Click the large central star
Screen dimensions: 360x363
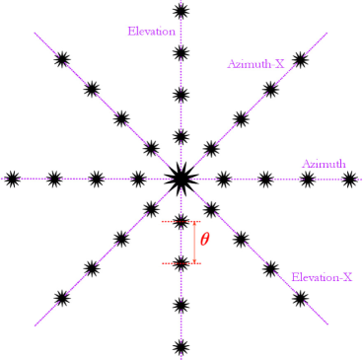pos(180,179)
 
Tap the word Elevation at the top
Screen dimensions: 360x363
pos(151,32)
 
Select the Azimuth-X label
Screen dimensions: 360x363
pos(254,64)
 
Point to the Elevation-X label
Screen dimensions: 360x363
pos(322,278)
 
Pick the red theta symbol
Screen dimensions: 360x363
pos(204,239)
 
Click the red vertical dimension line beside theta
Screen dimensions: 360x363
pos(194,243)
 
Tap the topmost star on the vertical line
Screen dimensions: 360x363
pos(180,11)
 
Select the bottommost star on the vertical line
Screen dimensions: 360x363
pos(180,346)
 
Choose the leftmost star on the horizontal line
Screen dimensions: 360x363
pos(12,179)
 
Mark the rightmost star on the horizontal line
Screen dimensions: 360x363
pos(349,179)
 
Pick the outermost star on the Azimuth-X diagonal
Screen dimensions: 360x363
pos(298,60)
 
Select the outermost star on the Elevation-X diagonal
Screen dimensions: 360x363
pos(298,297)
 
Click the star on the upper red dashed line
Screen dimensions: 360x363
pos(180,222)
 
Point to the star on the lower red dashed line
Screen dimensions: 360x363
pos(180,263)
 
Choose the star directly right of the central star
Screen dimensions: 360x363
pos(223,179)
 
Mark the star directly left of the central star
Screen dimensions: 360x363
pos(137,179)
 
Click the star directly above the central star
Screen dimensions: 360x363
pos(180,136)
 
